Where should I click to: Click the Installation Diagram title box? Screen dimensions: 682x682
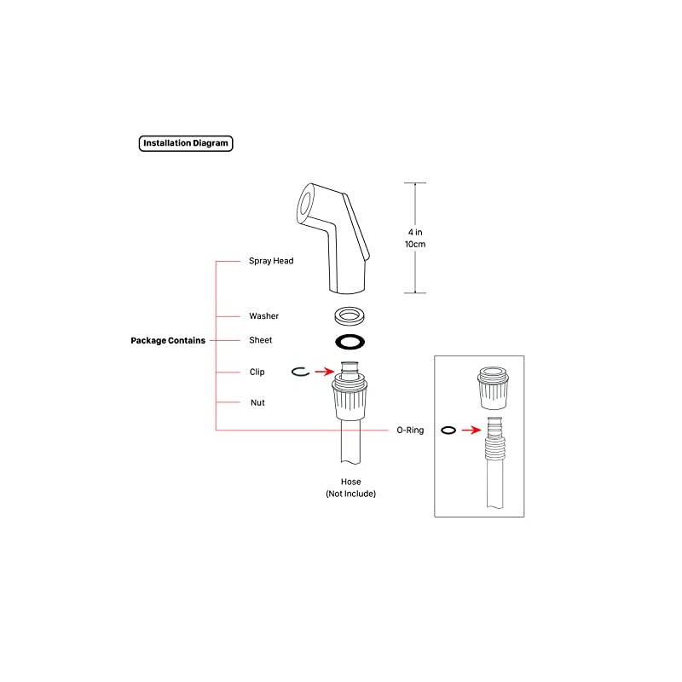[x=186, y=143]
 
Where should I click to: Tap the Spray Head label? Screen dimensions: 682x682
[x=271, y=261]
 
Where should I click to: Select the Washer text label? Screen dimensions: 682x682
[x=263, y=316]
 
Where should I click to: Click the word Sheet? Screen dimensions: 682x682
[x=261, y=340]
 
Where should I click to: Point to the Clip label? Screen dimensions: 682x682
[x=257, y=372]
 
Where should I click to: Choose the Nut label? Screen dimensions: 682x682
[x=257, y=402]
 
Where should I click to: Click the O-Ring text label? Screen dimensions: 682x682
[x=410, y=431]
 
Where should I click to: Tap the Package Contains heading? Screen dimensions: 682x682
[x=168, y=340]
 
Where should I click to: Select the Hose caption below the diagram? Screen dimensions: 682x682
[x=351, y=482]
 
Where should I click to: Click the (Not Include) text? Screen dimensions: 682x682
[x=351, y=494]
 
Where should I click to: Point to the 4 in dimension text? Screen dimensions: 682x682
[x=415, y=232]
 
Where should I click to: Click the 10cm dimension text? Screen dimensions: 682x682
[x=415, y=245]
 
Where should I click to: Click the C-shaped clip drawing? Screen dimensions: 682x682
[x=292, y=372]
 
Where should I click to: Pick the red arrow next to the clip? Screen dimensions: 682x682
[x=325, y=372]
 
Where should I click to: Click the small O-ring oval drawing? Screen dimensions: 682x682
[x=442, y=431]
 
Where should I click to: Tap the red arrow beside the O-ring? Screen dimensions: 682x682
[x=471, y=431]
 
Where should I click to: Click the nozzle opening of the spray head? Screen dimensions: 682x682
[x=305, y=203]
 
